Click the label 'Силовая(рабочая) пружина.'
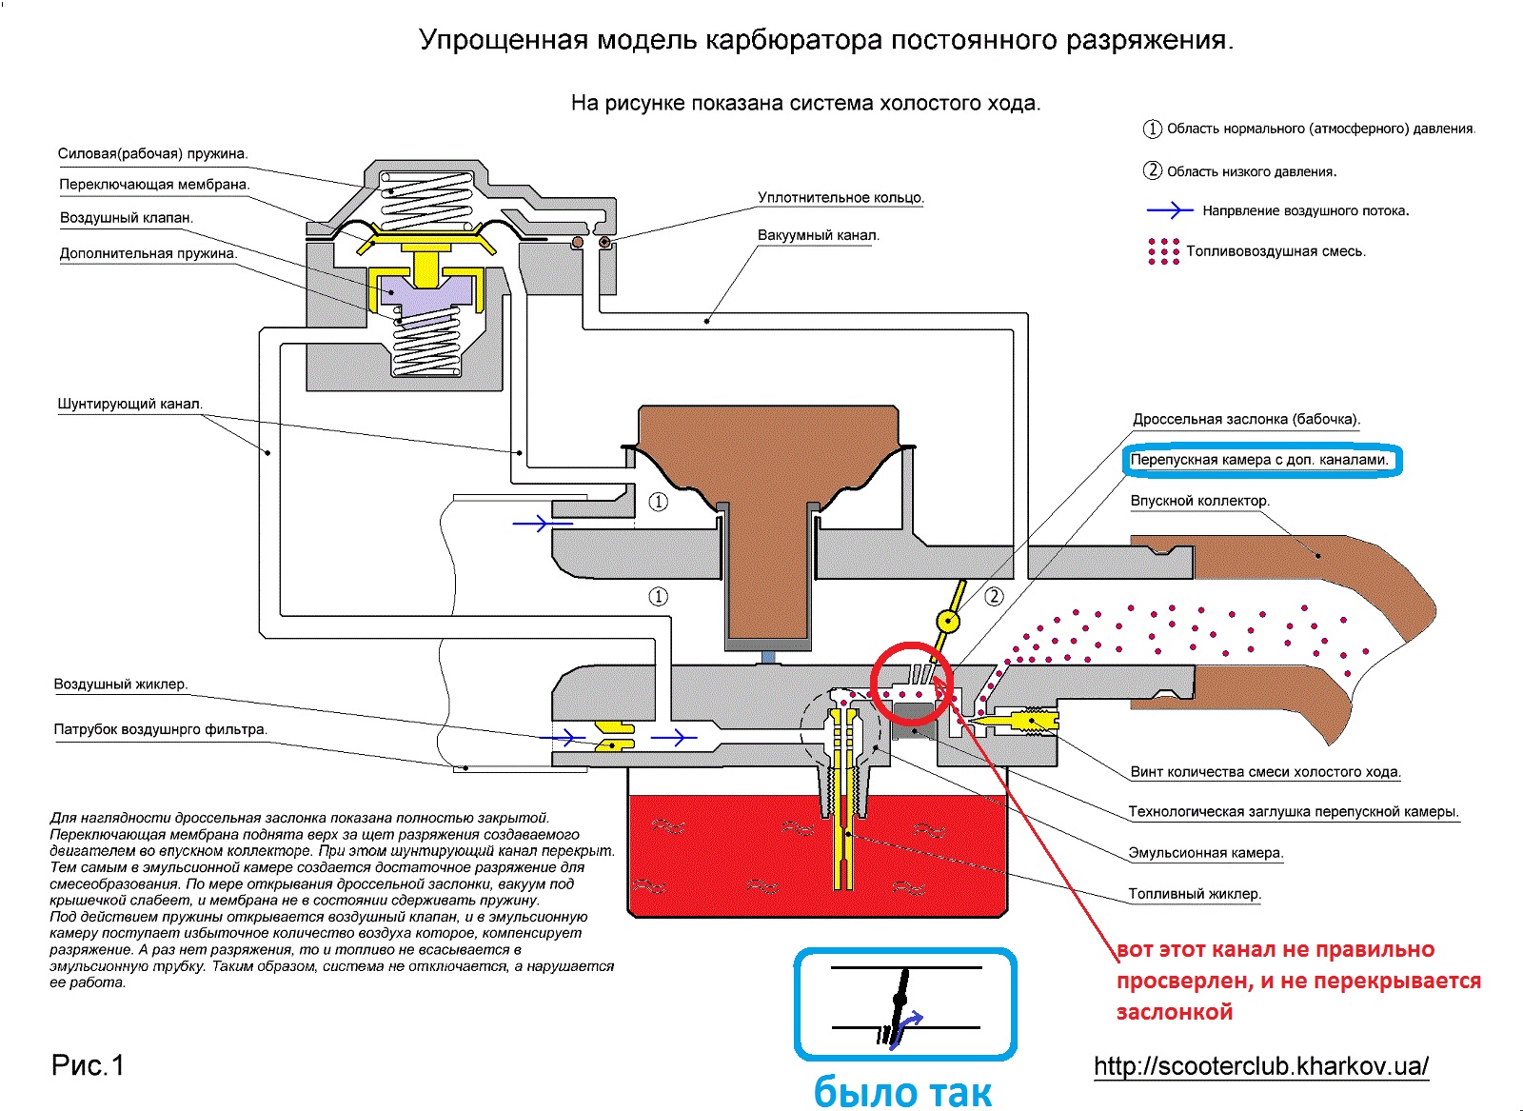tap(152, 153)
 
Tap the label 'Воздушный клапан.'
tap(127, 218)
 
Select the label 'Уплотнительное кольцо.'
tap(841, 198)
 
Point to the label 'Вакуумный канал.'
tap(819, 235)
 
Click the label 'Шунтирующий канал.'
tap(130, 404)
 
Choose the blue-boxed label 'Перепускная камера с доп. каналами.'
tap(1260, 460)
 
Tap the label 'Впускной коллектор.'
tap(1199, 501)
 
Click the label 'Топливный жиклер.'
tap(1195, 894)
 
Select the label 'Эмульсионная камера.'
tap(1206, 853)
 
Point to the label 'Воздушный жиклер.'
tap(121, 684)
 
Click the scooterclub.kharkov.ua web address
tap(1261, 1065)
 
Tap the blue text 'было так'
tap(902, 1092)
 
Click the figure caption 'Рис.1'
tap(88, 1065)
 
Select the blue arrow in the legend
tap(1170, 210)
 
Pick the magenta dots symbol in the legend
tap(1163, 251)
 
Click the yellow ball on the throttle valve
tap(948, 623)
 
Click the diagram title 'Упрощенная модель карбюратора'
tap(825, 41)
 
